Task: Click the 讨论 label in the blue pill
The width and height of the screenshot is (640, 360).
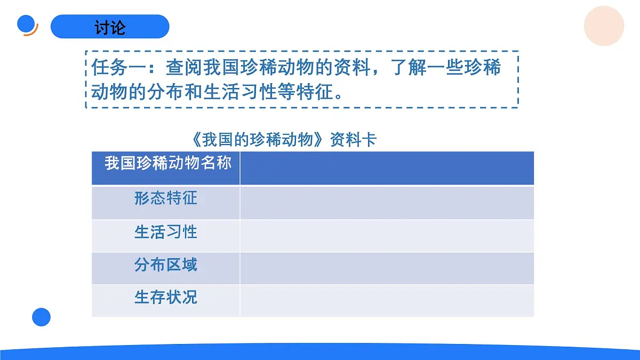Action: (110, 27)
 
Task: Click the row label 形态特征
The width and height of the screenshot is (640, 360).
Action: (166, 199)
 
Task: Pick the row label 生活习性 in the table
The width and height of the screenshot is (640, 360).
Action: (166, 232)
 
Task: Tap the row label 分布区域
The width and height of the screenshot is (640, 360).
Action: (166, 265)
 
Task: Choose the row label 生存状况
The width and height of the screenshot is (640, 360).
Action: (166, 297)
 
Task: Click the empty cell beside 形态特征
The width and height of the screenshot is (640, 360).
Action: (387, 202)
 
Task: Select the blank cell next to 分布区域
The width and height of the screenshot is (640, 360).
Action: (387, 268)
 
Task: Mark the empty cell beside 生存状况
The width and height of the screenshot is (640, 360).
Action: (387, 300)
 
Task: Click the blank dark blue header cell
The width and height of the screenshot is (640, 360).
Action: (387, 168)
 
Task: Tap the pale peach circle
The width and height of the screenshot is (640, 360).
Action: (604, 26)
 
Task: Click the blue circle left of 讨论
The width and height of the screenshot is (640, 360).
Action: (26, 24)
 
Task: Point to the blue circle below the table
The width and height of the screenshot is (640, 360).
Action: (41, 317)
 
